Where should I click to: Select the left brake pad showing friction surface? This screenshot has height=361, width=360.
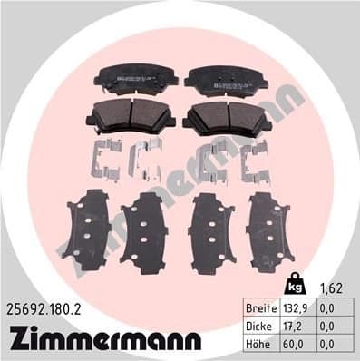(x=125, y=116)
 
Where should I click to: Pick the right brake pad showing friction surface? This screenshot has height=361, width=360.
(x=224, y=116)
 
